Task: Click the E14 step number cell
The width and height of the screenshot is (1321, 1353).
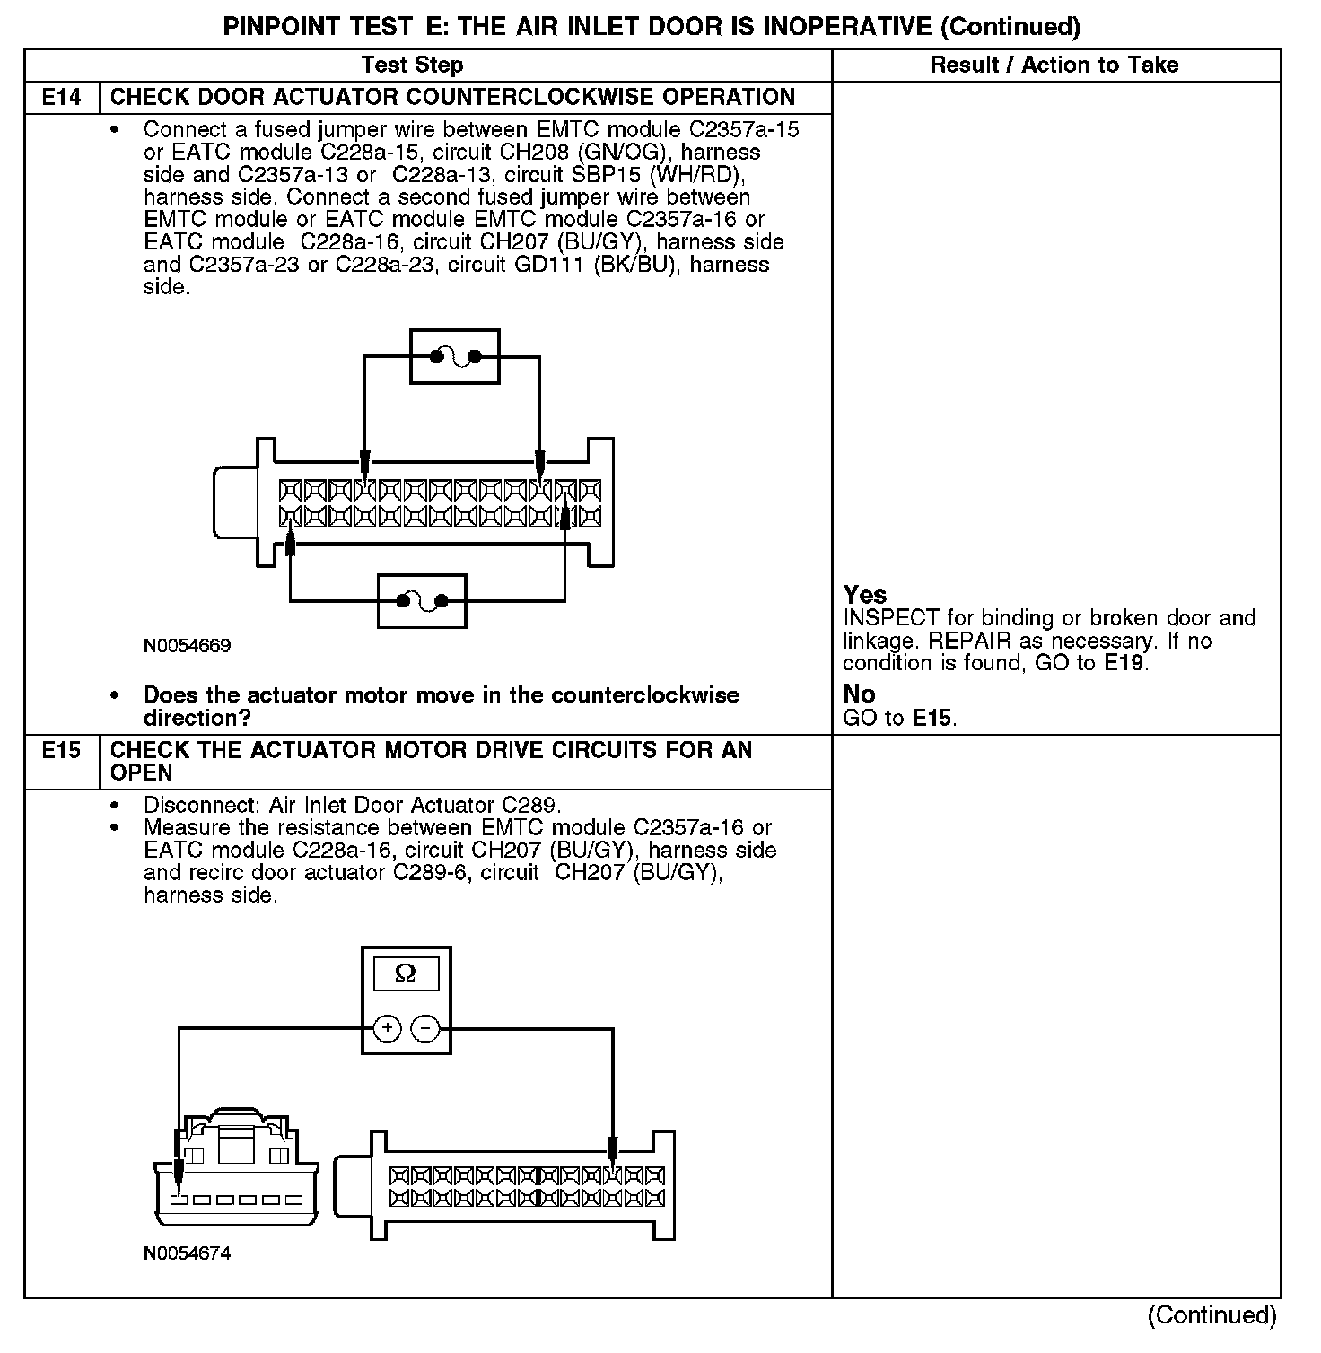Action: pyautogui.click(x=61, y=97)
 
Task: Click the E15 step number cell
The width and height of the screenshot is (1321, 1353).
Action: pyautogui.click(x=61, y=750)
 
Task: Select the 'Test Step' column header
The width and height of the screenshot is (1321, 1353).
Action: pyautogui.click(x=412, y=65)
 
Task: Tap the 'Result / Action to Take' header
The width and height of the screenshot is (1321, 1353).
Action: pyautogui.click(x=1054, y=65)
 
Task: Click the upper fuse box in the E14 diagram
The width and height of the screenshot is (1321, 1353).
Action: pyautogui.click(x=454, y=357)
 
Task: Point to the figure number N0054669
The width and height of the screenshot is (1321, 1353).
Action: pyautogui.click(x=187, y=646)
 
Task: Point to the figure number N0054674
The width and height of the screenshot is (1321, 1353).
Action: pyautogui.click(x=187, y=1253)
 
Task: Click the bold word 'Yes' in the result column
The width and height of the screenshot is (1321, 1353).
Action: pyautogui.click(x=865, y=595)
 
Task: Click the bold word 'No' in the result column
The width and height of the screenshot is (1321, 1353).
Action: pyautogui.click(x=859, y=694)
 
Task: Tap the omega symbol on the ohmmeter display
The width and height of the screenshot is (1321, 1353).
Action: pyautogui.click(x=406, y=974)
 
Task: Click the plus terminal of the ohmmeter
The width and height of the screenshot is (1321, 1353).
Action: pyautogui.click(x=387, y=1028)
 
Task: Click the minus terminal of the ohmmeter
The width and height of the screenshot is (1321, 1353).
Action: pyautogui.click(x=425, y=1028)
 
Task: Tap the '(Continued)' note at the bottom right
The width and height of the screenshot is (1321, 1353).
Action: pyautogui.click(x=1212, y=1315)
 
